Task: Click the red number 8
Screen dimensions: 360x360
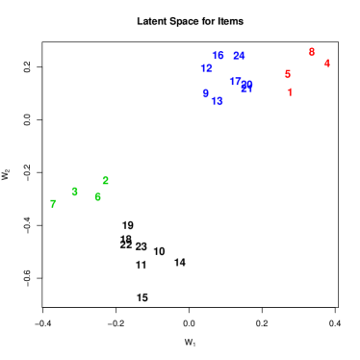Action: (311, 52)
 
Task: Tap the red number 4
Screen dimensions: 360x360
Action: (326, 64)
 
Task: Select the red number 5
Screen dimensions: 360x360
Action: (287, 74)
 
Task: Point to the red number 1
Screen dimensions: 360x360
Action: (289, 92)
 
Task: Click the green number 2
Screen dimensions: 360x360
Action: (105, 181)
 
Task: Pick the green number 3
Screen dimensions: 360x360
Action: (74, 192)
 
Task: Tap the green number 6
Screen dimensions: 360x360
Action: (97, 196)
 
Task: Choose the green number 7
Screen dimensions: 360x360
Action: (53, 203)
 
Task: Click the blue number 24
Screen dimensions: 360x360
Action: (239, 56)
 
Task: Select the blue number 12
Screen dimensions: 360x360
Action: (206, 68)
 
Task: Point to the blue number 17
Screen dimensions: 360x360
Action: (235, 82)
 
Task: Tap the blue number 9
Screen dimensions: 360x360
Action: (205, 93)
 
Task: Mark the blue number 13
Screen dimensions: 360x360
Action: (217, 101)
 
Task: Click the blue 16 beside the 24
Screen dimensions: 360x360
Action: (218, 56)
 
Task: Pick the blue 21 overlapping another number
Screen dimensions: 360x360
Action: (246, 89)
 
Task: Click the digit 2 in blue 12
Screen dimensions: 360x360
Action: (209, 68)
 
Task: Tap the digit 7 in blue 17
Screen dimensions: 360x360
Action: (238, 82)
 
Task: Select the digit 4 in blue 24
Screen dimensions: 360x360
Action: (242, 56)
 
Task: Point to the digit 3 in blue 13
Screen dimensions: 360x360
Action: (219, 101)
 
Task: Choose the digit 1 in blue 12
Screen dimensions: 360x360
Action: (203, 68)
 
